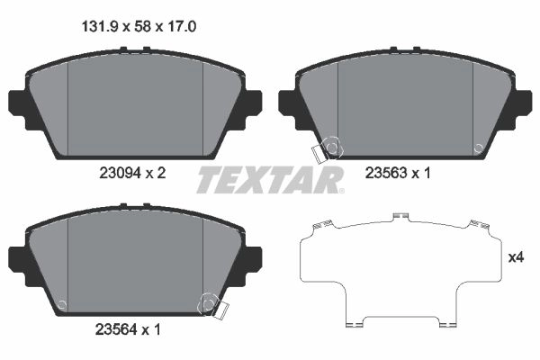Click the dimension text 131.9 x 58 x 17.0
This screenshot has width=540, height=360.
click(x=139, y=26)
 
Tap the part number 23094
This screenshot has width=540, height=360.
click(x=121, y=173)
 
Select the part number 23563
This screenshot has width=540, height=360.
click(x=386, y=173)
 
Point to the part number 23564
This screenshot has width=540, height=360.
click(x=116, y=330)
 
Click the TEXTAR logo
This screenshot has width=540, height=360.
click(x=270, y=179)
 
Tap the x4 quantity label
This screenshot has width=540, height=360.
click(x=516, y=257)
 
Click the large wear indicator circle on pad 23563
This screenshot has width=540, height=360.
click(x=332, y=148)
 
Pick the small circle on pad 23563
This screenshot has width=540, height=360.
click(x=478, y=148)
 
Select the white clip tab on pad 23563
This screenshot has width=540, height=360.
click(x=319, y=153)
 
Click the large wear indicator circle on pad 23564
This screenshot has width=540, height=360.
click(x=208, y=304)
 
